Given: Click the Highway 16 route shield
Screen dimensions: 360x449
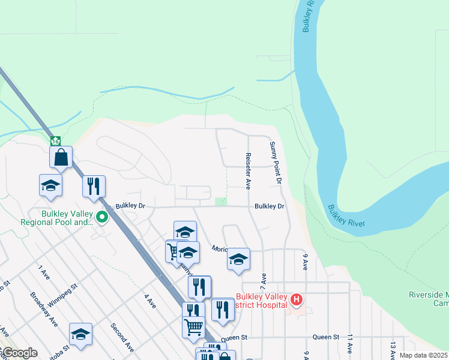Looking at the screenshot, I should coord(55,141).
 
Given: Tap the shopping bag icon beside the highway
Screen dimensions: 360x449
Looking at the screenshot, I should coord(61,157).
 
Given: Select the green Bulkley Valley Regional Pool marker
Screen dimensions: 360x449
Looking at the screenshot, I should coord(102,217).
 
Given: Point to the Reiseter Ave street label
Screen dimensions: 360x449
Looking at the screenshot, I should coord(247,167).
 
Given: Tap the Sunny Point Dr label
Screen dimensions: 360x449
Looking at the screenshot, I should coord(276,162).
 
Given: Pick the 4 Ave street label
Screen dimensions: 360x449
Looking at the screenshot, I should coord(149,302).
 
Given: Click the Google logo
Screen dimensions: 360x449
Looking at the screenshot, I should coord(19,353).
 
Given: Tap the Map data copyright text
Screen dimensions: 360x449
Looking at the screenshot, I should coord(424,355).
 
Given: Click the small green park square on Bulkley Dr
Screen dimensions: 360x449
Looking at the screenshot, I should coord(221,202).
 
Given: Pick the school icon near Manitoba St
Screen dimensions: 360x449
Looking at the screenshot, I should coord(80,335).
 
